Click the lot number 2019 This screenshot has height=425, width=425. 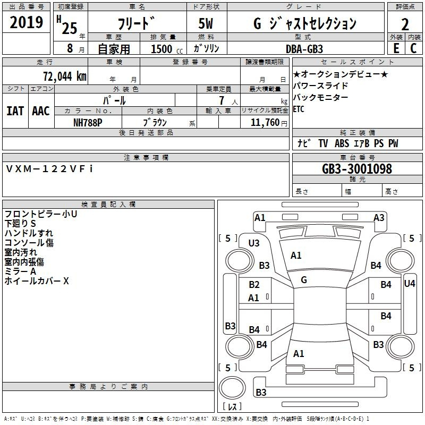pyautogui.click(x=27, y=22)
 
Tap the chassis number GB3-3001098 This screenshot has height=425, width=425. pyautogui.click(x=357, y=169)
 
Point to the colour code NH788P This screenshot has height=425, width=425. pyautogui.click(x=88, y=122)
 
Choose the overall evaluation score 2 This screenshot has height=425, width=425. pyautogui.click(x=405, y=24)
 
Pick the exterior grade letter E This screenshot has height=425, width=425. pyautogui.click(x=396, y=48)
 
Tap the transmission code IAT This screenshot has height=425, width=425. pyautogui.click(x=15, y=110)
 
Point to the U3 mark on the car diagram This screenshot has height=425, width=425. pyautogui.click(x=254, y=243)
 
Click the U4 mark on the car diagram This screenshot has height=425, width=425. pyautogui.click(x=409, y=284)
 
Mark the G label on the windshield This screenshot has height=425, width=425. pyautogui.click(x=303, y=280)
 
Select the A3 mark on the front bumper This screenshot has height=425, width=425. pyautogui.click(x=379, y=217)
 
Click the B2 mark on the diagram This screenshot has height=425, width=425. pyautogui.click(x=254, y=285)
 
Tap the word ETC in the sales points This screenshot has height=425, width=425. pyautogui.click(x=300, y=109)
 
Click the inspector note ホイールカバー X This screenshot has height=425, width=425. pyautogui.click(x=37, y=281)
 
